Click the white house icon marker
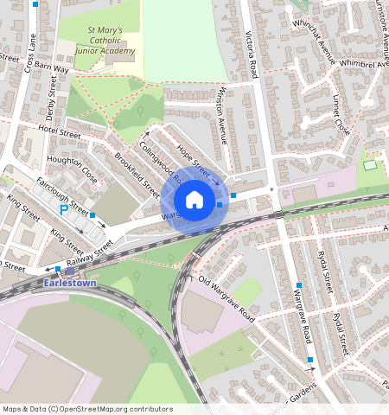tap(194, 201)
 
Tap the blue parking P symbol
tap(63, 210)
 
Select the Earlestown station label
tap(71, 282)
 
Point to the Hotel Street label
tap(60, 131)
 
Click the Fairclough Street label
tap(63, 195)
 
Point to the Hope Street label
tap(195, 158)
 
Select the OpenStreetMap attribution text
tap(86, 409)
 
